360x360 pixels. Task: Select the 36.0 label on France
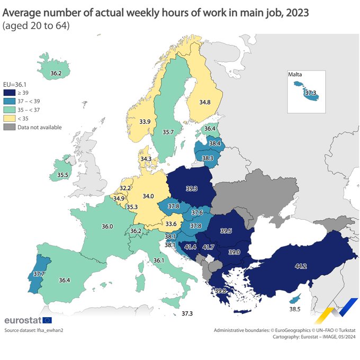click(107, 226)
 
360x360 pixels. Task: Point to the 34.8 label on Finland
click(205, 102)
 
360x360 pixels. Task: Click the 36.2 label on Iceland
click(56, 73)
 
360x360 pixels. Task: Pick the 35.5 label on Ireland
click(63, 175)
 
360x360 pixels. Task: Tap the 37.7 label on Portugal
click(39, 274)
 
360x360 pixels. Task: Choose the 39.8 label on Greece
click(221, 291)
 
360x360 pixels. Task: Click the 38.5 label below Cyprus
click(295, 309)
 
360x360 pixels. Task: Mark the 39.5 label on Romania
click(226, 231)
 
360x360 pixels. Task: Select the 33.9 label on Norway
click(145, 122)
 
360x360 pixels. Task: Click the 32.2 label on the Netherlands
click(125, 188)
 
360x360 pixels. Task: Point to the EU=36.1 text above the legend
click(14, 84)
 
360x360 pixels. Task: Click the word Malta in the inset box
click(295, 75)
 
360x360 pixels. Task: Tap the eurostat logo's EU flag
click(47, 320)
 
